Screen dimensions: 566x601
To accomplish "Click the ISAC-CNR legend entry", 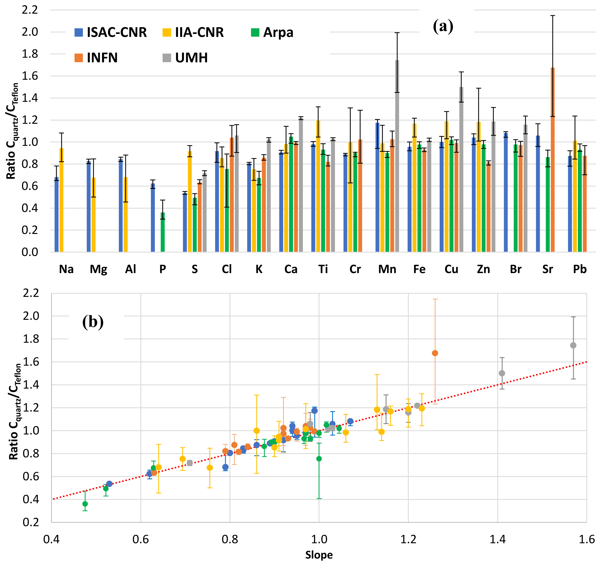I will pos(110,32).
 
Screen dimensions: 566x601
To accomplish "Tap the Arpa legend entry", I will pos(272,32).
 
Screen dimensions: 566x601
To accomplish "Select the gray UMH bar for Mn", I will pos(397,156).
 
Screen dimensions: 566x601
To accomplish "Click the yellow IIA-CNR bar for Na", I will pos(61,200).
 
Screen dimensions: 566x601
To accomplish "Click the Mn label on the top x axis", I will pos(387,269).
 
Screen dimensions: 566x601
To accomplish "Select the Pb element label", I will pos(580,269).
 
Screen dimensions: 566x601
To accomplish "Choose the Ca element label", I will pos(291,269).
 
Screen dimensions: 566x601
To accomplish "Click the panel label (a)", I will pos(443,26).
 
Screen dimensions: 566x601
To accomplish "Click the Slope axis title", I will pos(319,555).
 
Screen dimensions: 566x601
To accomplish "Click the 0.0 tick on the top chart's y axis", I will pos(30,252).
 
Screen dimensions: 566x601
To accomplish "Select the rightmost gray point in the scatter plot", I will pos(573,345).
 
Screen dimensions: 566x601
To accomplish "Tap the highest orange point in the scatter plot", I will pos(435,353).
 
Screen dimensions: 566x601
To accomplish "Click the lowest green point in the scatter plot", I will pos(85,504).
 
